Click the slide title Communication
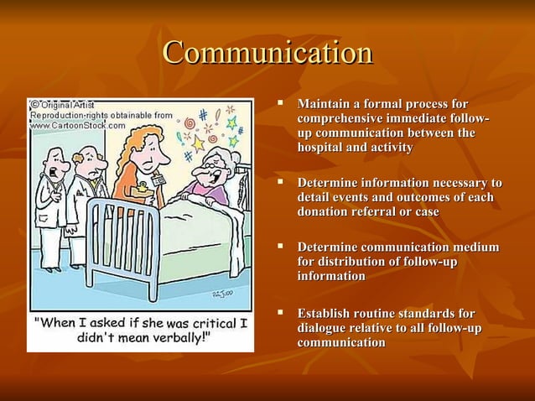[267, 53]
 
